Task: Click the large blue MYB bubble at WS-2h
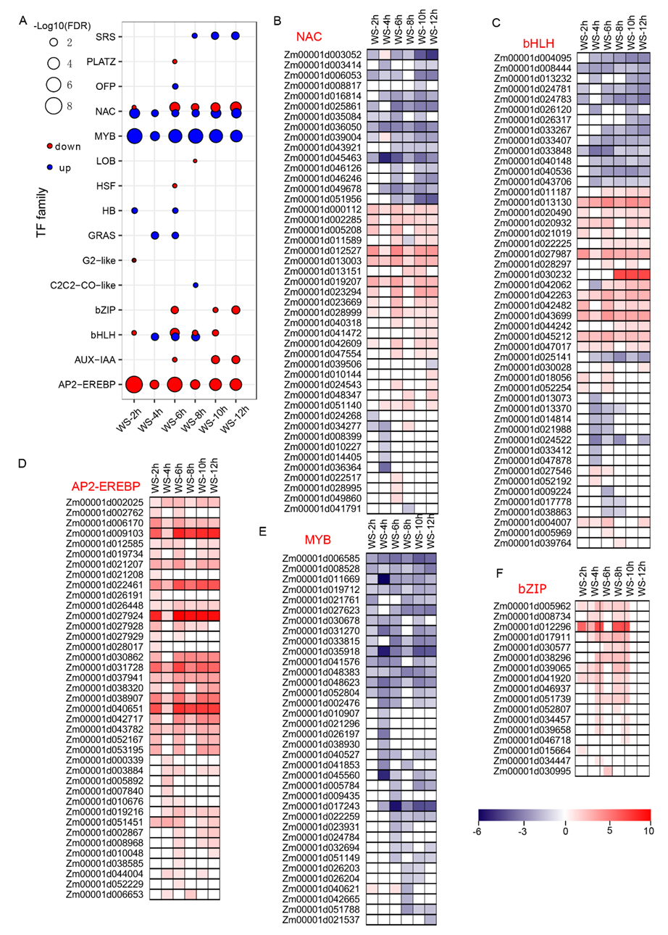pyautogui.click(x=134, y=136)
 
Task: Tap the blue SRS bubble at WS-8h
pyautogui.click(x=195, y=36)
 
